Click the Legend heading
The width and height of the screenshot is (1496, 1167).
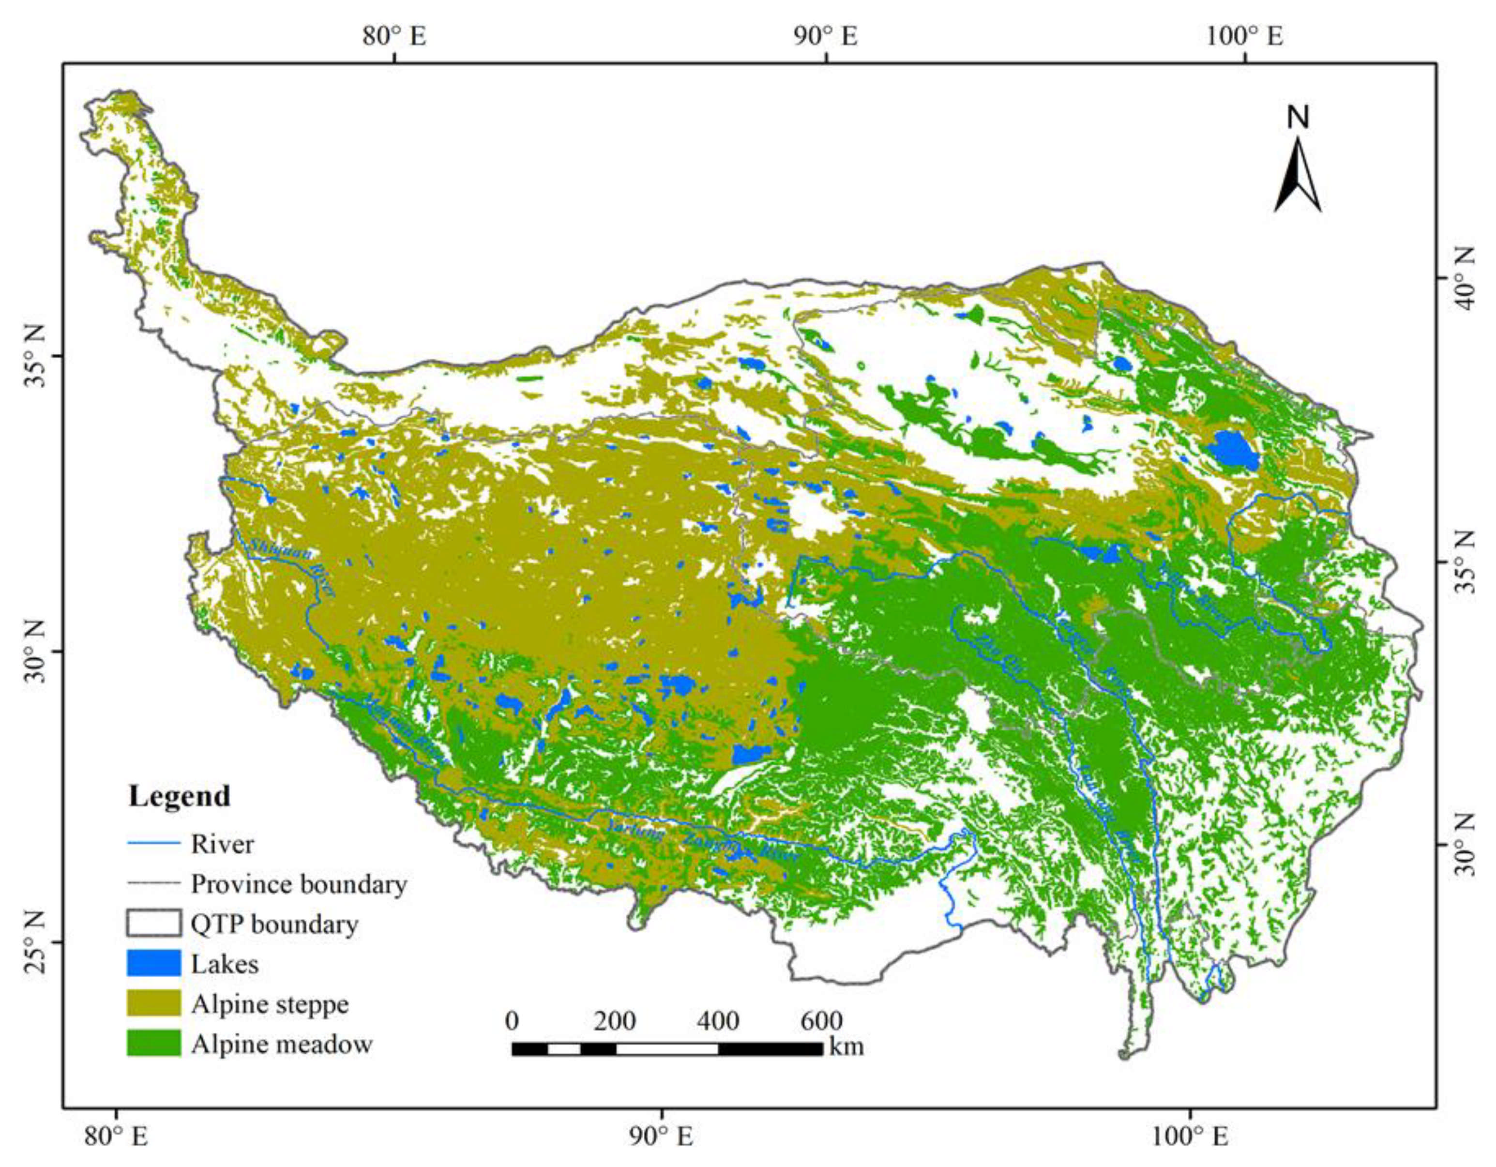point(180,797)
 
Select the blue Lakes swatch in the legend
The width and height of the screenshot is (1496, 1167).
point(153,964)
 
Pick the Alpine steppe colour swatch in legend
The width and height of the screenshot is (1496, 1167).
point(153,1004)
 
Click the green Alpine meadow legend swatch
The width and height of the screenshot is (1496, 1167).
point(153,1044)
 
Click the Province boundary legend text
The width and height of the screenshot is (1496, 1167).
point(299,884)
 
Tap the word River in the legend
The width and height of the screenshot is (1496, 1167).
point(222,845)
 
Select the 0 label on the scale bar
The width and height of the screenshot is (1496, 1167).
point(512,1020)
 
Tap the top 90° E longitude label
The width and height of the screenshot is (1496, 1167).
point(826,36)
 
